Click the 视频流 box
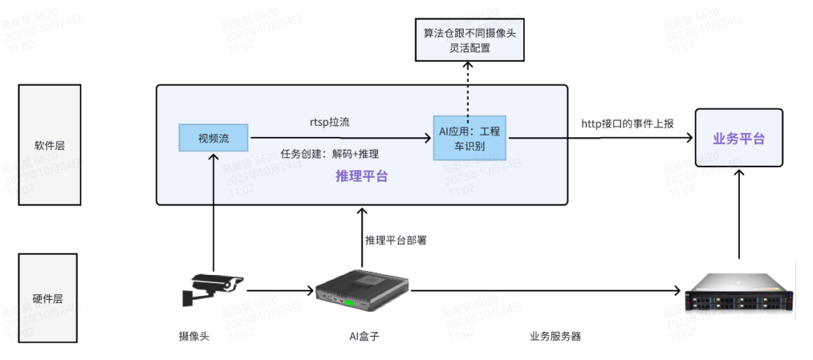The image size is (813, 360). [213, 138]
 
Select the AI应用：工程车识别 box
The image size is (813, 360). [470, 137]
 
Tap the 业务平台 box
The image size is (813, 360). [738, 139]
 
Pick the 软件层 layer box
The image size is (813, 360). [49, 145]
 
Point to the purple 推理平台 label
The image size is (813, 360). [361, 176]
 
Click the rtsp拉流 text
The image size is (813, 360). [328, 121]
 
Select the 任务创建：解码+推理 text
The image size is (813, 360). [329, 154]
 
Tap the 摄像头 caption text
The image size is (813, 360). [188, 336]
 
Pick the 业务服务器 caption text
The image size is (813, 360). [555, 336]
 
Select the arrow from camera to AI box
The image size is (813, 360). [279, 290]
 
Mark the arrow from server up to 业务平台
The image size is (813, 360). [739, 215]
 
